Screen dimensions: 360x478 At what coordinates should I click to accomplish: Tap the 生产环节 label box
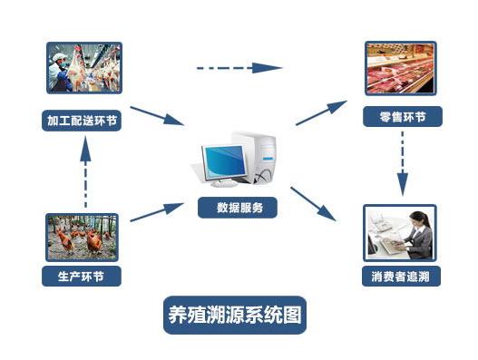click(x=83, y=276)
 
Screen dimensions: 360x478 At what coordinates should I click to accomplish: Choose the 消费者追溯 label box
click(x=401, y=276)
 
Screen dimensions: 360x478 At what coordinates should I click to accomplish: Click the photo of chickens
click(x=83, y=237)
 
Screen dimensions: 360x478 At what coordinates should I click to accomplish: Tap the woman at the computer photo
click(x=401, y=233)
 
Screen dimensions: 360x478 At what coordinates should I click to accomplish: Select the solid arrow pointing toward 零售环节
click(x=320, y=112)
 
